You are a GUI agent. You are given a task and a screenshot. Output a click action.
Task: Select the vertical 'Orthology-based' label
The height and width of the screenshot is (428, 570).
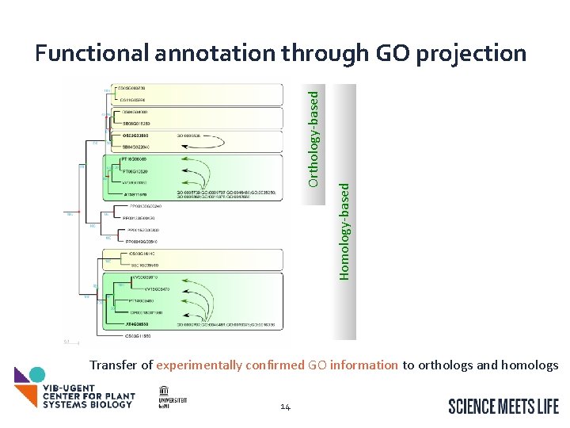pos(314,138)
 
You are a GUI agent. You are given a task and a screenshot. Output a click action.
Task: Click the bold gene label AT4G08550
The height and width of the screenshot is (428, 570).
pos(139,324)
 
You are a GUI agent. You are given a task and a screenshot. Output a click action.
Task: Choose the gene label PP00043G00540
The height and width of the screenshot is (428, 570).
pos(142,240)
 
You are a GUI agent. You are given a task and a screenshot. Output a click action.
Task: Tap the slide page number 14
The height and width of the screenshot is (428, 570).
pos(286,407)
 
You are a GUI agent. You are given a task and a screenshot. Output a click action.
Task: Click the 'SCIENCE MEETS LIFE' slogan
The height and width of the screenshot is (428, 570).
pos(503,407)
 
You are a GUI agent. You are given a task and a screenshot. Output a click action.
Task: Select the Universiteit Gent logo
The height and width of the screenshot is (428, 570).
pos(172,396)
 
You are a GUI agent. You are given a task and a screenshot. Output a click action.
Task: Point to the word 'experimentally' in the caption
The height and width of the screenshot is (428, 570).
pos(197,365)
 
